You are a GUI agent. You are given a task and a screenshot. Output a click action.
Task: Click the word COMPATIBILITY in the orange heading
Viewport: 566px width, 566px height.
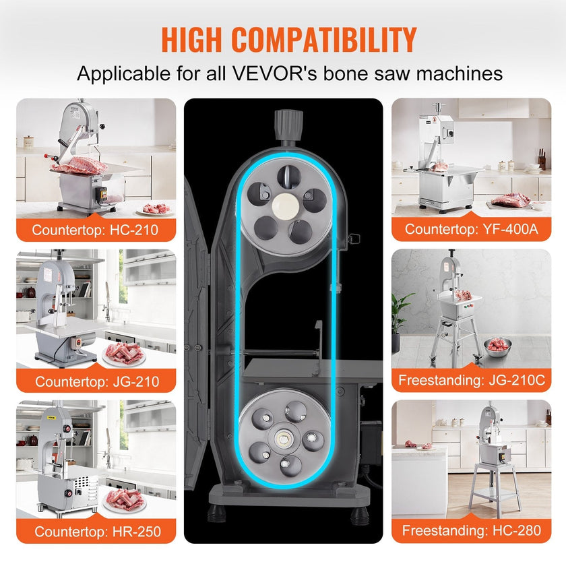coord(324,39)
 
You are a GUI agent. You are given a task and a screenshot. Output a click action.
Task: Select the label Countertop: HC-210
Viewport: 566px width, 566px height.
coord(95,230)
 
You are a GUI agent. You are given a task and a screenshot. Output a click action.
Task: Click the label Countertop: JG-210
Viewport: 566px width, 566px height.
coord(97,381)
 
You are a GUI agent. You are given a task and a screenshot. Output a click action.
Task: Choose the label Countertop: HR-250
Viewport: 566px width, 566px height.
coord(98,532)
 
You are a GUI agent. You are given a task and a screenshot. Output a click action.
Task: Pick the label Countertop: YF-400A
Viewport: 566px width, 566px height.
coord(472,228)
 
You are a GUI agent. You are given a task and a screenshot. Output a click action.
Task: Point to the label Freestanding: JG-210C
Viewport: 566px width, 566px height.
coord(472,380)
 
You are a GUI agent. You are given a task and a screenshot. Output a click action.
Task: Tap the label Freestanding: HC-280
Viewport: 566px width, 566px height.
coord(472,530)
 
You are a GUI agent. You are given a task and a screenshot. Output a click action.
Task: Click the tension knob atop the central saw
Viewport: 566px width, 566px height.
coord(288,125)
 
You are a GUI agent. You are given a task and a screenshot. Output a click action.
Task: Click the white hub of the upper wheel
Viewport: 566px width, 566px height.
coord(286,206)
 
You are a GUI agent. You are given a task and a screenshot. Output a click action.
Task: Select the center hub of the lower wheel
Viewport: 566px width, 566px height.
coord(283,439)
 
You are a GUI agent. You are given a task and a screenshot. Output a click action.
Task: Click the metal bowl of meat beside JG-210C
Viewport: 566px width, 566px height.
coord(498,346)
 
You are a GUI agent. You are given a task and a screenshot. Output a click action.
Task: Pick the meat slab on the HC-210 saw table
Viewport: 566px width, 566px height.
coord(80,165)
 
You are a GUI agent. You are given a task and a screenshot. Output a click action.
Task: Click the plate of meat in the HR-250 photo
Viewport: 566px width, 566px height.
coord(125,500)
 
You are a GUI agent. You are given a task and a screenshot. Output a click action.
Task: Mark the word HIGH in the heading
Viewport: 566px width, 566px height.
coord(191,39)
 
